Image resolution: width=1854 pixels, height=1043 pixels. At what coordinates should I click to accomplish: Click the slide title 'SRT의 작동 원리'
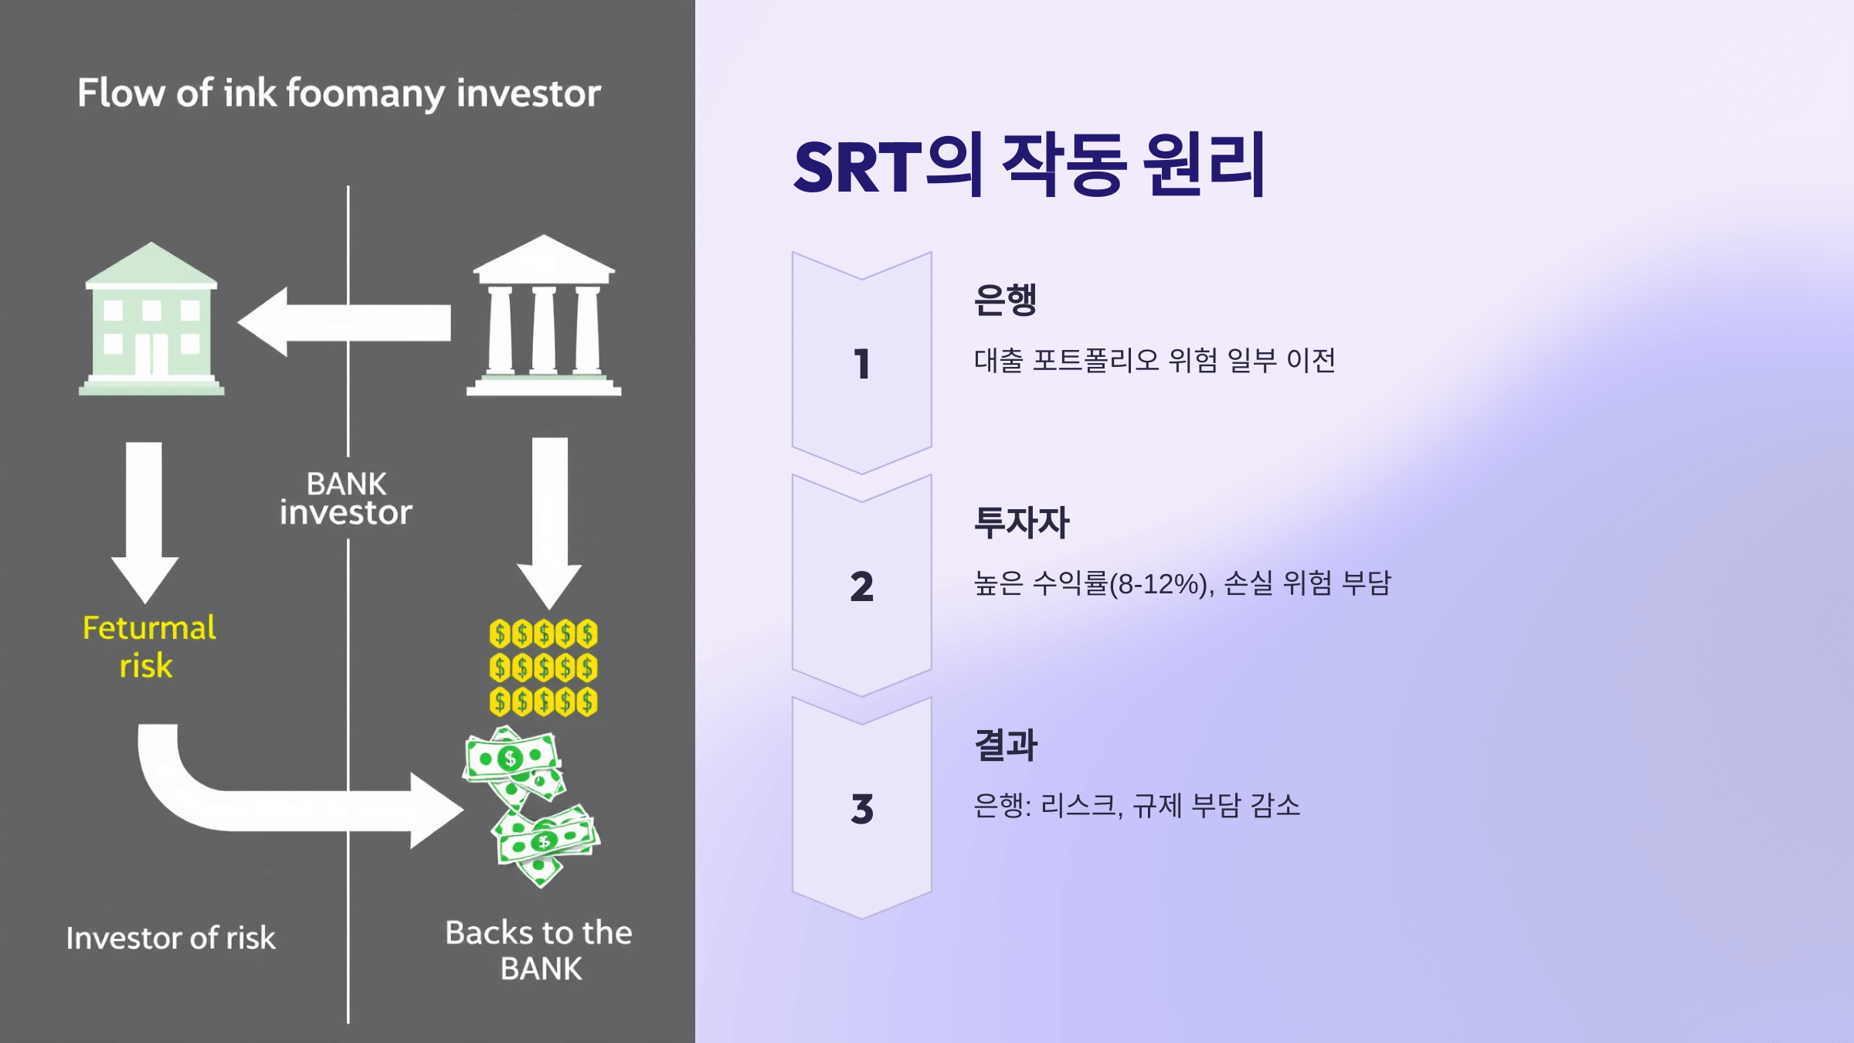pos(1029,165)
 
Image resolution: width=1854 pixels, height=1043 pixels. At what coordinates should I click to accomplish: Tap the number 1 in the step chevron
pos(862,364)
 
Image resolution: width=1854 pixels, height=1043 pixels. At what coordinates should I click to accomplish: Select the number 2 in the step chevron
pos(862,586)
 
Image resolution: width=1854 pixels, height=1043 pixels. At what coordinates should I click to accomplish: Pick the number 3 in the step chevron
pos(862,809)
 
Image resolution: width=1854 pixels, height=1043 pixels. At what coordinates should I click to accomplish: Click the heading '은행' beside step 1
pos(1005,300)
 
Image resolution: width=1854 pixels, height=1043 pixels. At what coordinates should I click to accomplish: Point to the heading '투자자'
pos(1022,522)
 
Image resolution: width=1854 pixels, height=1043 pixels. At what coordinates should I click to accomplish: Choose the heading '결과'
pos(1006,745)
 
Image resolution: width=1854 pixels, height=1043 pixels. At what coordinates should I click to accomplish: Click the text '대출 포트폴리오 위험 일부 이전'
pos(1155,361)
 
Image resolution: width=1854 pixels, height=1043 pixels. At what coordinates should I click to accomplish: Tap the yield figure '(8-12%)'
pos(1159,584)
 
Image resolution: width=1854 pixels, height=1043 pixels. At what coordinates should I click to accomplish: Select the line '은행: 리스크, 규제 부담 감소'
pos(1136,806)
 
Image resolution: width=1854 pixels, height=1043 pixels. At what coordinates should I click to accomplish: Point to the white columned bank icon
pos(544,317)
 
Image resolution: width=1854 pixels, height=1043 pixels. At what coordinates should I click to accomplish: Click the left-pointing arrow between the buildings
pos(344,322)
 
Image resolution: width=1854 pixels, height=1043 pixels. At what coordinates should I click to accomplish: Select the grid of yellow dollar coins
pos(543,668)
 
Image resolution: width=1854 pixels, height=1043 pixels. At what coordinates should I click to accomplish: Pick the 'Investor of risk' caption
pos(171,938)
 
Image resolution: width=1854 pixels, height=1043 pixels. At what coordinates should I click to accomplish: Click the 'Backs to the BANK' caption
pos(539,950)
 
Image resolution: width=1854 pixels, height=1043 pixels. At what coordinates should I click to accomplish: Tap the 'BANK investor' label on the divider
pos(346,498)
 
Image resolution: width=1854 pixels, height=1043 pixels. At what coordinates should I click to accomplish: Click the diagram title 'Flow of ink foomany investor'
pos(339,93)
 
